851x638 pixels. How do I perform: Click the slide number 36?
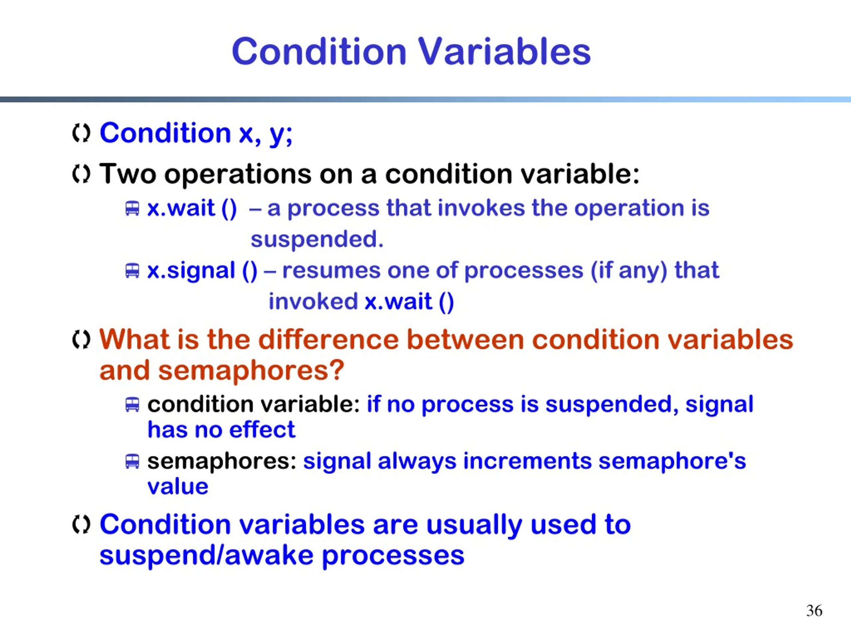[x=814, y=611]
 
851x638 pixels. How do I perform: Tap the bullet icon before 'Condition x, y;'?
[x=81, y=134]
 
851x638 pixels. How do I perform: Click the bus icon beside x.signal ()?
[x=132, y=270]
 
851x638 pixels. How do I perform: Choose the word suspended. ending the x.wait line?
[x=317, y=240]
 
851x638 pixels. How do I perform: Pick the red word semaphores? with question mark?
[x=251, y=372]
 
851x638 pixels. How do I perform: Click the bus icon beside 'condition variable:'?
[x=132, y=405]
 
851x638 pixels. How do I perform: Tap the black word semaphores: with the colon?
[x=222, y=462]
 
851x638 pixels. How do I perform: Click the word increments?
[x=527, y=461]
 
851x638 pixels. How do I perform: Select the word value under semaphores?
[x=178, y=487]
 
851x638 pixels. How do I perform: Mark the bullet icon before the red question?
[x=81, y=340]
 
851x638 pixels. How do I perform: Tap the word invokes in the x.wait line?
[x=481, y=208]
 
